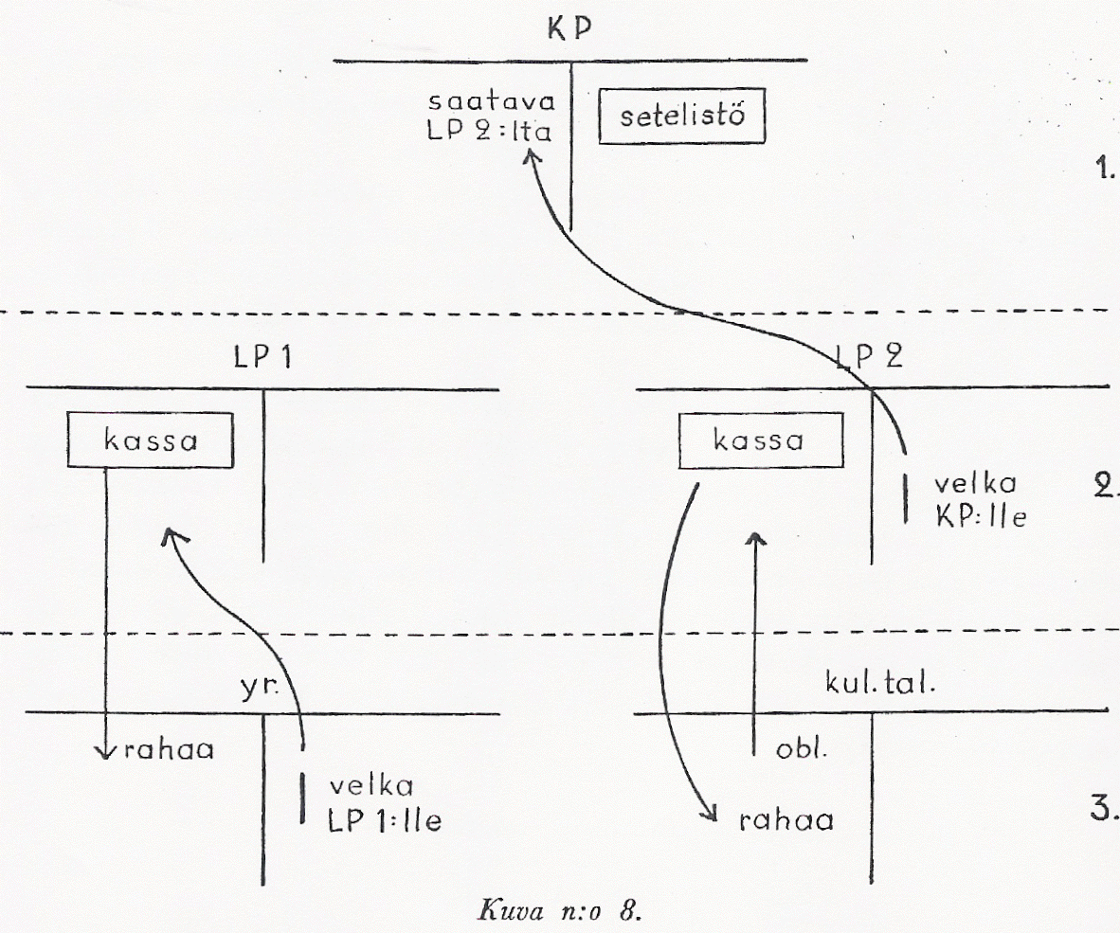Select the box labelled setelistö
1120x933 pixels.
click(681, 119)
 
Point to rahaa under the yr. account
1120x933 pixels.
click(169, 751)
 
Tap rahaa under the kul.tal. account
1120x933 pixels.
click(786, 820)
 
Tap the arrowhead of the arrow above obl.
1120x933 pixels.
click(754, 537)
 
